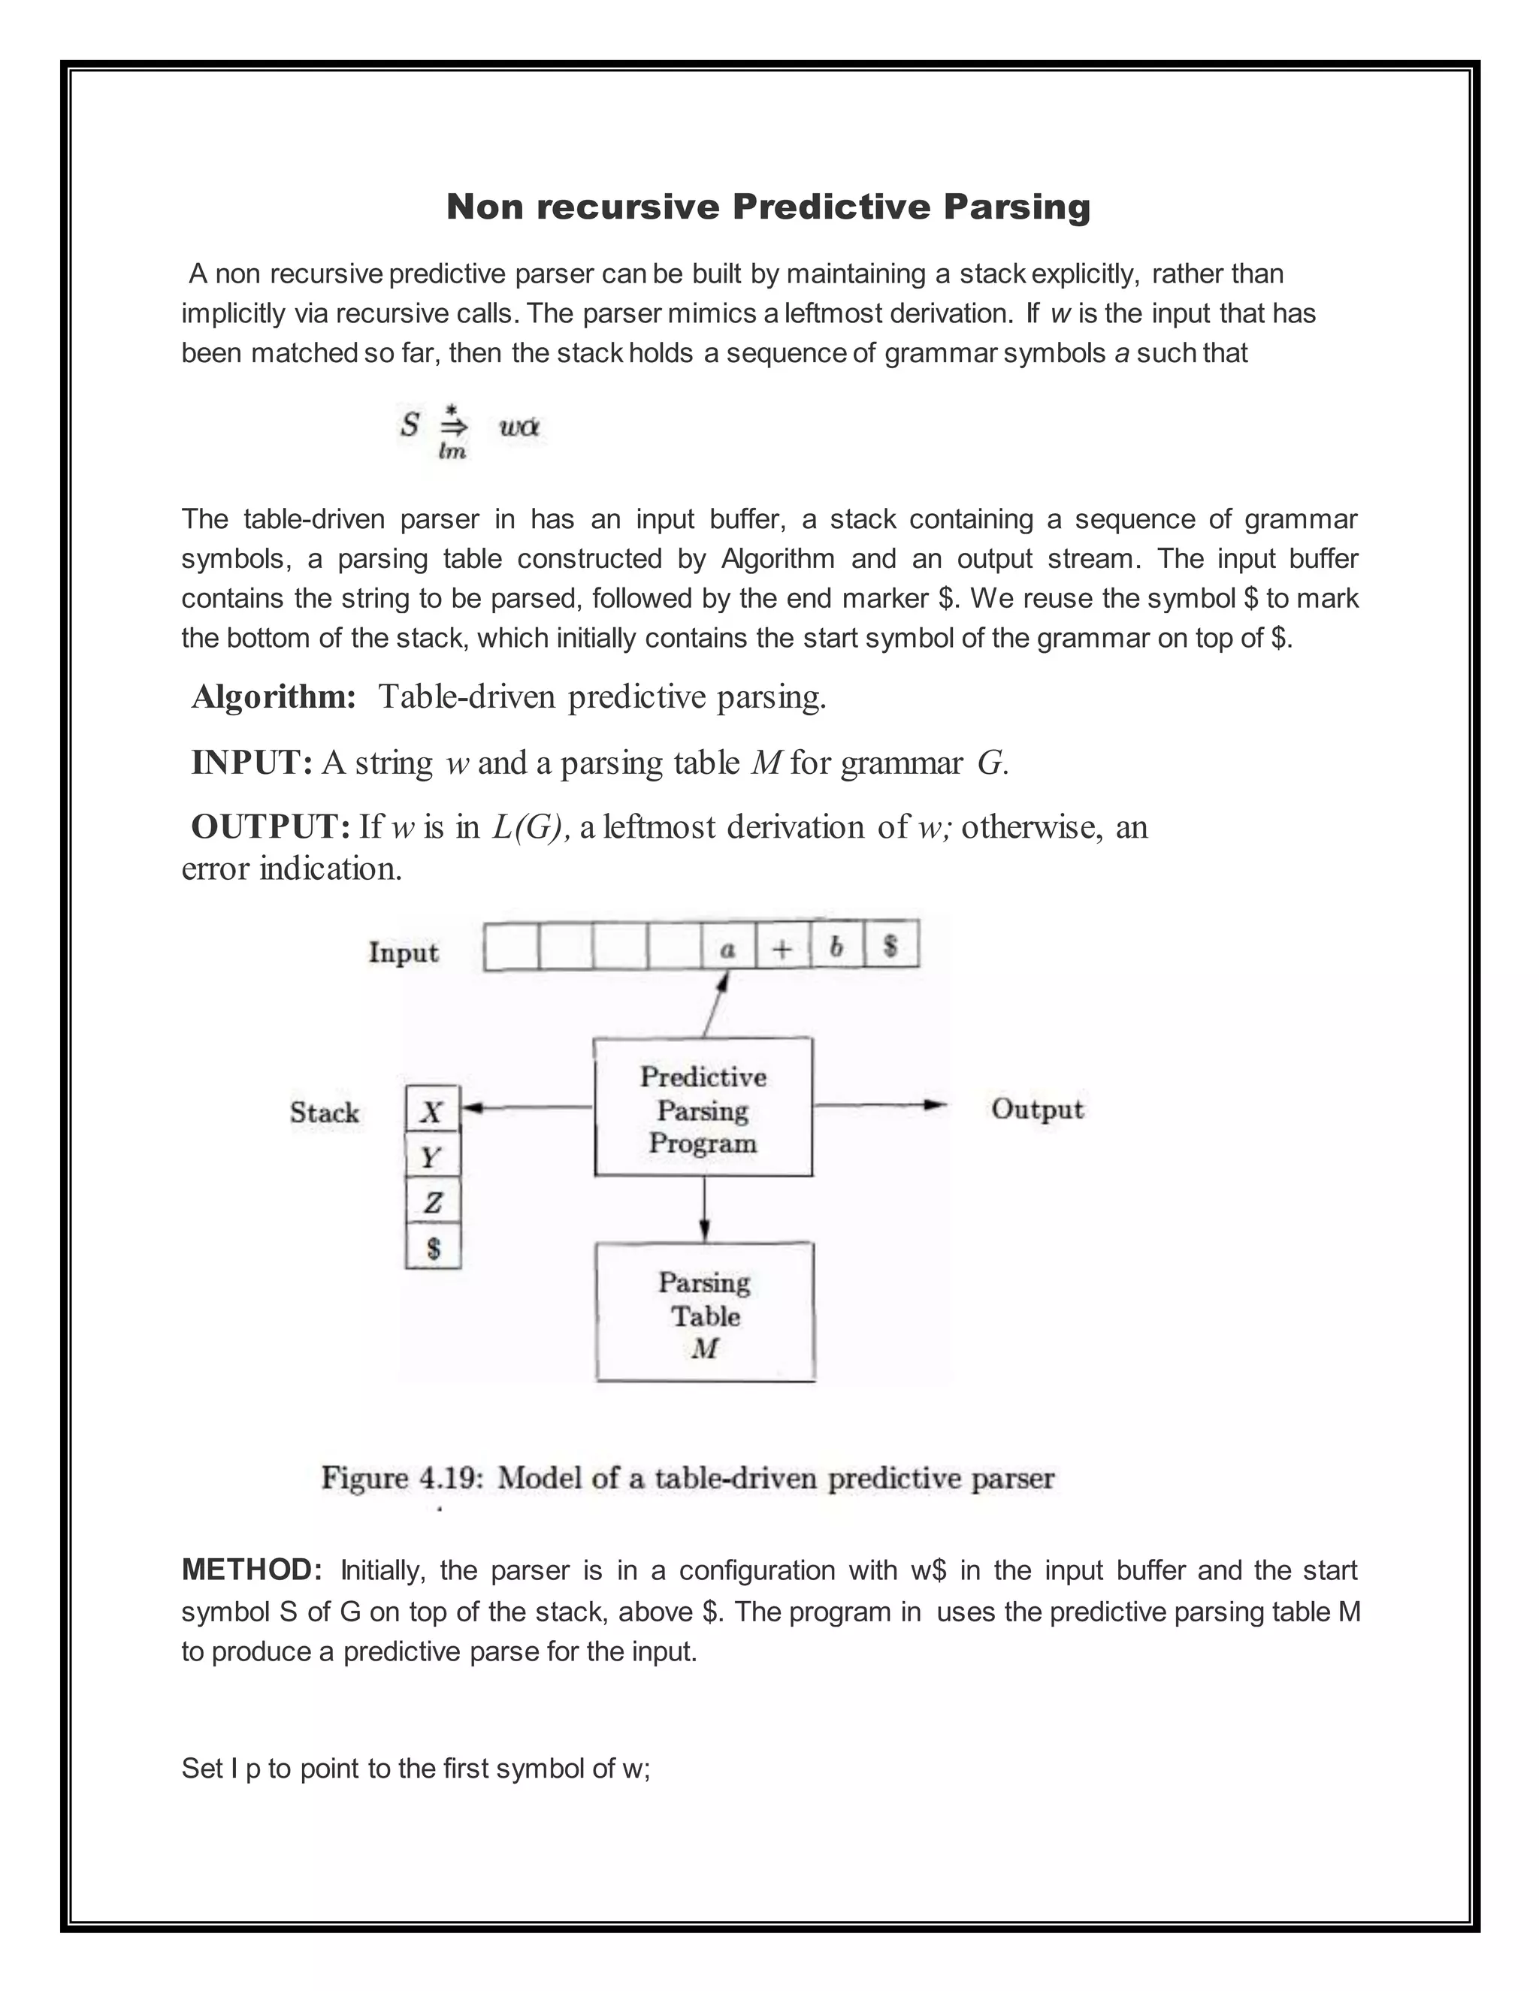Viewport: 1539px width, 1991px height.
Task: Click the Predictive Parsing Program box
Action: [703, 1107]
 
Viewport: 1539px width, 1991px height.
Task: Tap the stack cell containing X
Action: [432, 1110]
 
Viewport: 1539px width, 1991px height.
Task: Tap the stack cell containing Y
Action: [432, 1156]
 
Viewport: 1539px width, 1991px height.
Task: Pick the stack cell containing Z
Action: [432, 1201]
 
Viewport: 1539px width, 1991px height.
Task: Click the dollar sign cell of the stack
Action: [432, 1247]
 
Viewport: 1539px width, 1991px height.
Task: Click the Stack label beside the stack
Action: [325, 1111]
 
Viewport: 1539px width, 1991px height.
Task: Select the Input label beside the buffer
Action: [403, 952]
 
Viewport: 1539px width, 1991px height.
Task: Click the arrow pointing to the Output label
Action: [880, 1105]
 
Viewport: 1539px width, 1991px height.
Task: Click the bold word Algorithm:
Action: [274, 697]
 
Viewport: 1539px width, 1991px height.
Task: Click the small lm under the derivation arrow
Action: [452, 452]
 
